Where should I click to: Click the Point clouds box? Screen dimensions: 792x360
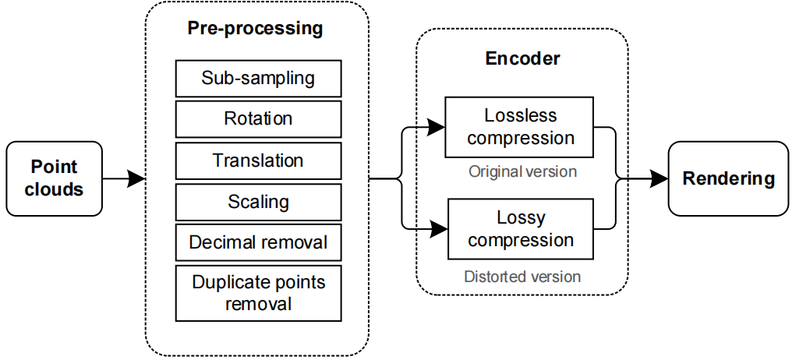click(54, 178)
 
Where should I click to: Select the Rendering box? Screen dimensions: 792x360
click(728, 178)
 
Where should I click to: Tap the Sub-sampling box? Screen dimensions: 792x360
click(258, 78)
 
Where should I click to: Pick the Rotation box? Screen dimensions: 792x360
click(258, 119)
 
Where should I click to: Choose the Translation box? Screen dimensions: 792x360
click(258, 161)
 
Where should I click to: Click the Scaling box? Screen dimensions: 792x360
click(258, 202)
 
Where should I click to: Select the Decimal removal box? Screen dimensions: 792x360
click(258, 243)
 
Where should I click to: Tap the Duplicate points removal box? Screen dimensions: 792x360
click(258, 293)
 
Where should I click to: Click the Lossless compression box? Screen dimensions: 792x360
click(520, 127)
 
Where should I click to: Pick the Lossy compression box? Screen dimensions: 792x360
click(521, 229)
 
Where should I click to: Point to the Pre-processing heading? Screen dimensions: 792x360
click(255, 28)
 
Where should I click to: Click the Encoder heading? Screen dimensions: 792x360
click(522, 58)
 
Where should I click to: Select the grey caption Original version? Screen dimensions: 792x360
click(522, 171)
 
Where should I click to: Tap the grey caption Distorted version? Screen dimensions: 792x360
click(522, 277)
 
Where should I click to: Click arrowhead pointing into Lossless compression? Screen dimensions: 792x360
click(436, 128)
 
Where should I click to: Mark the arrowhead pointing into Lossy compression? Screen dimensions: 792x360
click(439, 229)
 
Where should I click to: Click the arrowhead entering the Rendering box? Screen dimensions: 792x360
click(659, 178)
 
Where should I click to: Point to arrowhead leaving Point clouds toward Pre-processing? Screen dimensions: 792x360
click(136, 178)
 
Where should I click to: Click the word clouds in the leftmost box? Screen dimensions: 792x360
click(54, 190)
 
